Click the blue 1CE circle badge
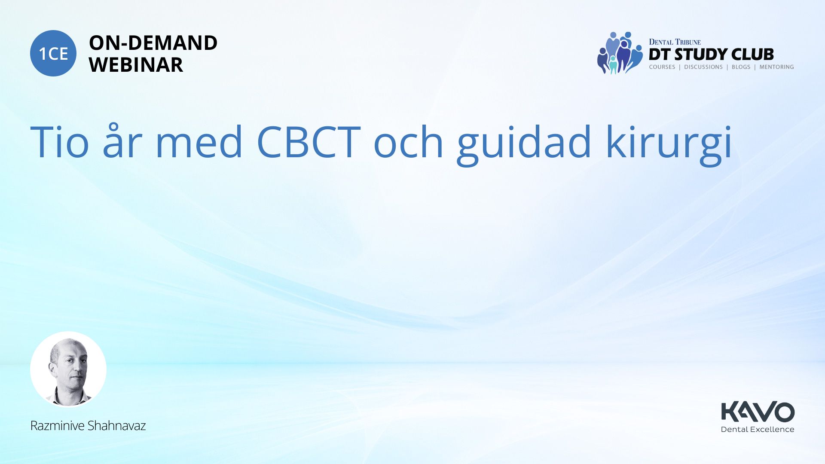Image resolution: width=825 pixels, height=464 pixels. pos(53,53)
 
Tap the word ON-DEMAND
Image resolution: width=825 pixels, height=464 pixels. pos(153,43)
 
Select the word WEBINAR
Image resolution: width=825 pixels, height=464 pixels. pos(136,65)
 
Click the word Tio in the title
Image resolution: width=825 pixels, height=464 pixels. pos(59,142)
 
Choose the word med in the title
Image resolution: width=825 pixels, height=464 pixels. pos(199,141)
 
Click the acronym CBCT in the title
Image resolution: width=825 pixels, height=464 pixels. pos(309,142)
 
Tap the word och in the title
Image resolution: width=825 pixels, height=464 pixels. pos(408,141)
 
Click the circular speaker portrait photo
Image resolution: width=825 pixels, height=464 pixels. pos(68,369)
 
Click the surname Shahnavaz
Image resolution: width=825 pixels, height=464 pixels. pos(117,426)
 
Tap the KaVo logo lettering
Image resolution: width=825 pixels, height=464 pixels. pos(758,412)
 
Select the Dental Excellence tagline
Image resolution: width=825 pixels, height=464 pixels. pos(758,429)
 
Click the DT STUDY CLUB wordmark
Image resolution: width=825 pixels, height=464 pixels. pos(711,55)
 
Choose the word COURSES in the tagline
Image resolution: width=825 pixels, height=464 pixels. pos(662,67)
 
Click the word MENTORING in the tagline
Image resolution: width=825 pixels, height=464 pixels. pos(776,67)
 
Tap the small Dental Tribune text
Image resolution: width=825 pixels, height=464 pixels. pos(675,42)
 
